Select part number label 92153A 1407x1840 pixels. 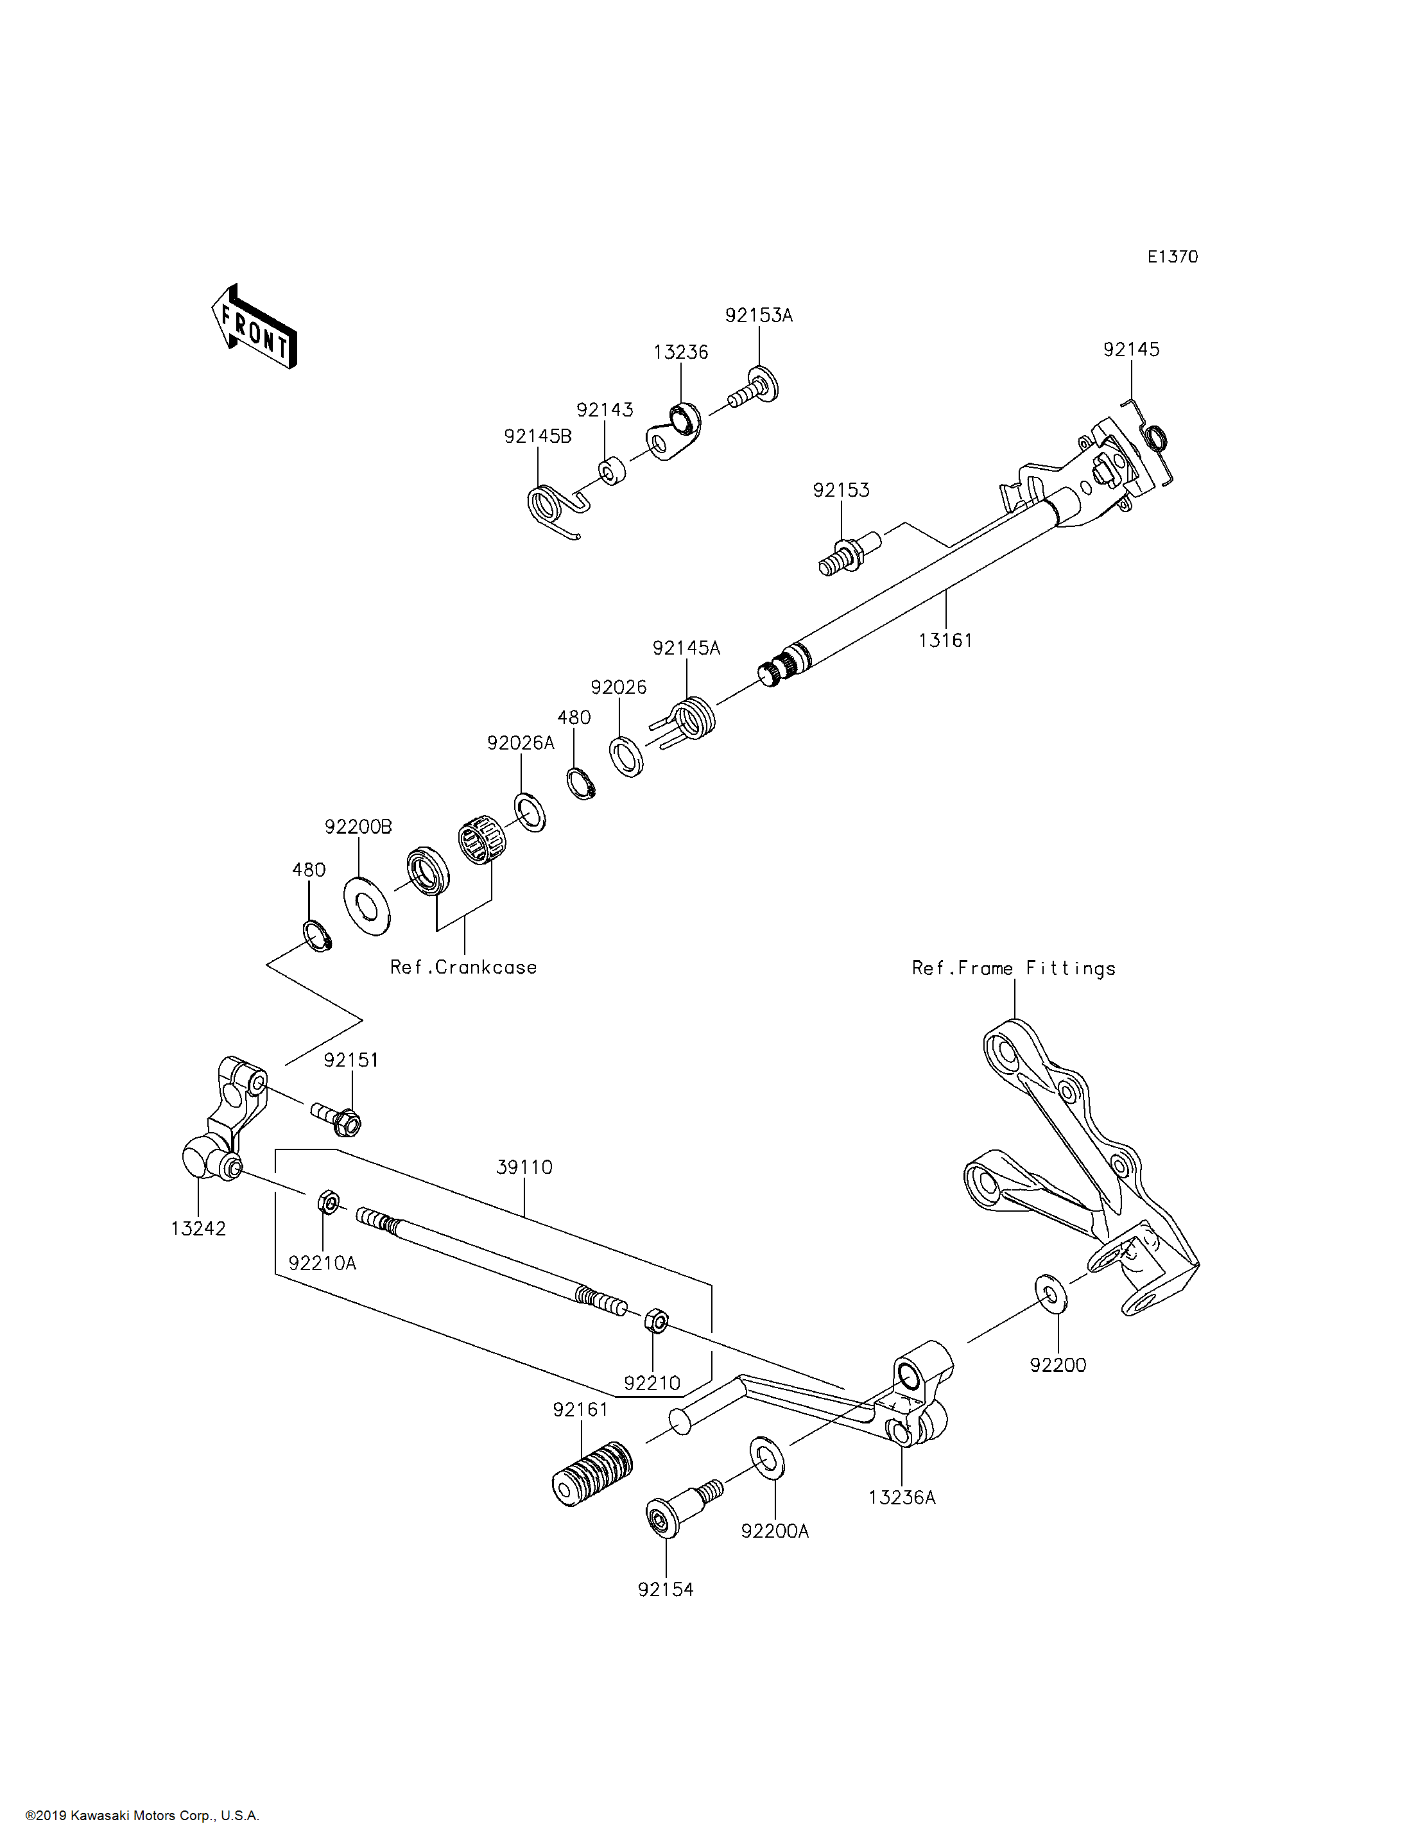click(758, 316)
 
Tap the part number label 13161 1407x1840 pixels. click(945, 641)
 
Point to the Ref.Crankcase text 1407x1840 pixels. click(463, 967)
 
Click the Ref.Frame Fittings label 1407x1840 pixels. click(1014, 968)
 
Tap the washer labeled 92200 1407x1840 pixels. click(1050, 1293)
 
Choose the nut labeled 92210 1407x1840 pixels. click(657, 1323)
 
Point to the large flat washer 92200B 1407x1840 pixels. click(367, 906)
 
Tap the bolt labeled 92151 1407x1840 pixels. click(338, 1118)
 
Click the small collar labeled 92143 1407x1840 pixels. click(612, 470)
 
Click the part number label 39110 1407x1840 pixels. click(524, 1167)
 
